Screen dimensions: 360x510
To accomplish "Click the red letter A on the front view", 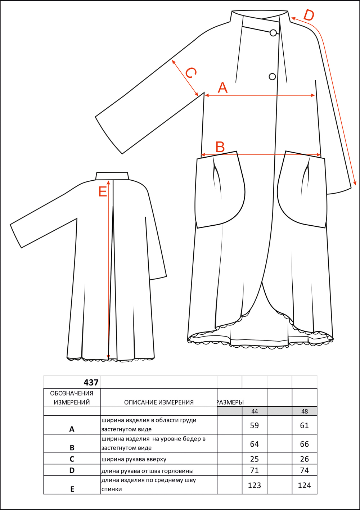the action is (222, 88).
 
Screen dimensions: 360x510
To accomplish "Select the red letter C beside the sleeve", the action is (190, 73).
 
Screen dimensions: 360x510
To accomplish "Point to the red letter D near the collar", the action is (309, 15).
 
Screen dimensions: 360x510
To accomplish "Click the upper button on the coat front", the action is (273, 33).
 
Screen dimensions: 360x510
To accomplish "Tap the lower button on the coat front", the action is (272, 77).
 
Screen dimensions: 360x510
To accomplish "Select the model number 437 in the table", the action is (91, 383).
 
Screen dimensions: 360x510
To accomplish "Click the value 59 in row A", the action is (255, 425).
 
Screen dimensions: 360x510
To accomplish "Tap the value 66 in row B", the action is (305, 444).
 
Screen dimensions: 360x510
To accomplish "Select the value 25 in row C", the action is (255, 459).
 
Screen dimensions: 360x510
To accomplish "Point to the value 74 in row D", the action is (305, 470).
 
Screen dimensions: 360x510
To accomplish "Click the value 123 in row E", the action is (255, 485).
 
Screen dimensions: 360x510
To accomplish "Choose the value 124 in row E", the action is (305, 485).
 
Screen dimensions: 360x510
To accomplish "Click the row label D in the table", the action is (72, 470).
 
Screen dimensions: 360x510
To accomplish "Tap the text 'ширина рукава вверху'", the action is (134, 459).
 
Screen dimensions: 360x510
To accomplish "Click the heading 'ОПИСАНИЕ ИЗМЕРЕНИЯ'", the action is (159, 402).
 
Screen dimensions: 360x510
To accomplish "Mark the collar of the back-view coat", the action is (112, 176).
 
